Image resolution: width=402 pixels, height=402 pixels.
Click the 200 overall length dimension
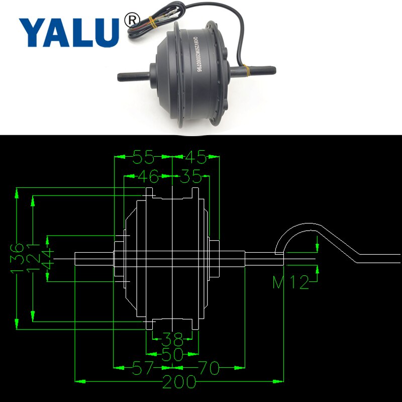click(179, 383)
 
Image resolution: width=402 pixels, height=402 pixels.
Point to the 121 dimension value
click(34, 258)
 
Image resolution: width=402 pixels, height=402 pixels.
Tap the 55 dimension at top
click(143, 158)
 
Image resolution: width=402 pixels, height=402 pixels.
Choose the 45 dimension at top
click(195, 158)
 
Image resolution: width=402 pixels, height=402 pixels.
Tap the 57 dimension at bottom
click(143, 369)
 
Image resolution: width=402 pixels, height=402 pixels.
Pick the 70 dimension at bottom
click(209, 369)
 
